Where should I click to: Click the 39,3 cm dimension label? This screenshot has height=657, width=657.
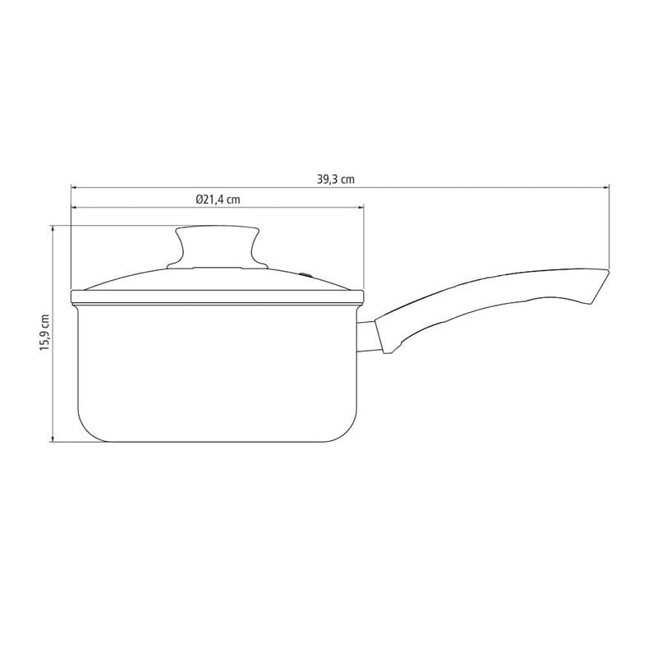tap(336, 179)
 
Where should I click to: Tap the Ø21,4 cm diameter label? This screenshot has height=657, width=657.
tap(218, 200)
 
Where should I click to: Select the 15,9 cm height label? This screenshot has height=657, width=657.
tap(44, 333)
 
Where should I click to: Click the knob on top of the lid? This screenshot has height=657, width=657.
tap(217, 245)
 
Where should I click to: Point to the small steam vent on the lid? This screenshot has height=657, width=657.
tap(306, 275)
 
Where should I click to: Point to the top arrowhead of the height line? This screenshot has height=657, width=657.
tap(53, 228)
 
